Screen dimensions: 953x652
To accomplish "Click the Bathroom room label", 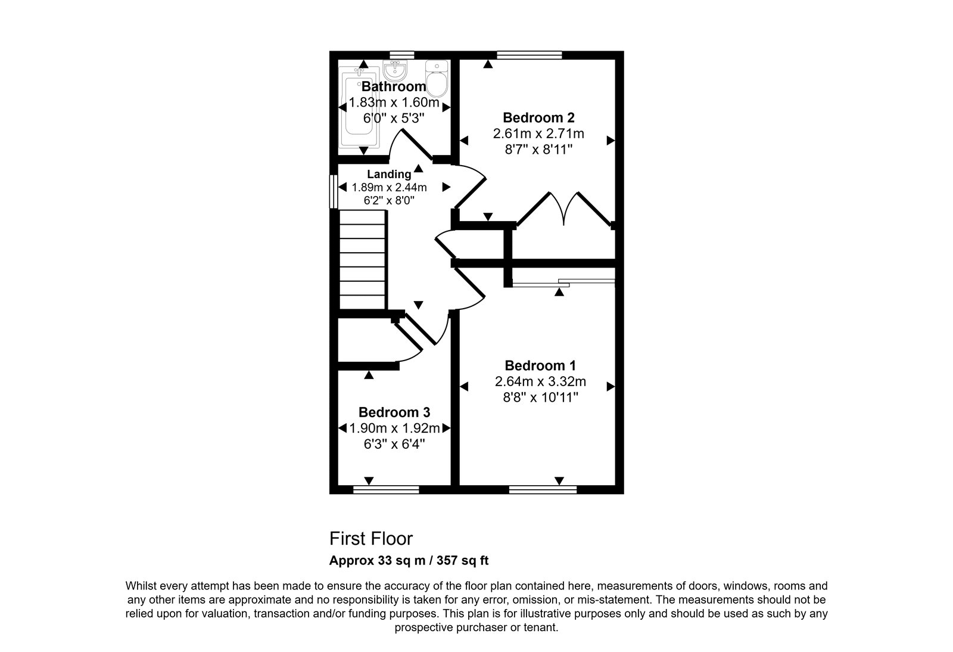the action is (x=394, y=86).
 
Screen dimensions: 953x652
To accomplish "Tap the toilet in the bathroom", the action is (x=437, y=79).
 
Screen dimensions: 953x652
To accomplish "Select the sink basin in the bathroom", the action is (x=395, y=71).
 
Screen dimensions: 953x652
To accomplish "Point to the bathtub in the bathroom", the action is (x=359, y=107).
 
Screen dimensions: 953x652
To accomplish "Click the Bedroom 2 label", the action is (x=538, y=117).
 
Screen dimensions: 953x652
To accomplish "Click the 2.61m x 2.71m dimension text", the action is (x=538, y=133).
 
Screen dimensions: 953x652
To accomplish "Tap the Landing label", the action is (x=389, y=174).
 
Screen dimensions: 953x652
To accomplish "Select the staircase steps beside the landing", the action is (x=363, y=260).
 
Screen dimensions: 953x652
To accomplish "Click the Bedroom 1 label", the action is (x=540, y=365).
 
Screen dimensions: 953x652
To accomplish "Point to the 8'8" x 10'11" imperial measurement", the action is (x=540, y=398).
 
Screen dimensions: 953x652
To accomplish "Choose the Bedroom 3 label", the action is (x=394, y=412).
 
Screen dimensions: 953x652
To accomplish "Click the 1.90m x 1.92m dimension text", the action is (x=394, y=428).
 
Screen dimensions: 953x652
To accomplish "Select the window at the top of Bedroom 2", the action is (x=530, y=55).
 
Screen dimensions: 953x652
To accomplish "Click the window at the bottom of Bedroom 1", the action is (x=543, y=490).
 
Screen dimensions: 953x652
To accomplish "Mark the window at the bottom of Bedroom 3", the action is (x=387, y=490).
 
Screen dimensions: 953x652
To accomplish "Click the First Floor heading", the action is (x=371, y=539).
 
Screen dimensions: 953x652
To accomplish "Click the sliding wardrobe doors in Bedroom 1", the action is (x=563, y=282).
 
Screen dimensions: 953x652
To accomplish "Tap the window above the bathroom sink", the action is (x=401, y=55).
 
